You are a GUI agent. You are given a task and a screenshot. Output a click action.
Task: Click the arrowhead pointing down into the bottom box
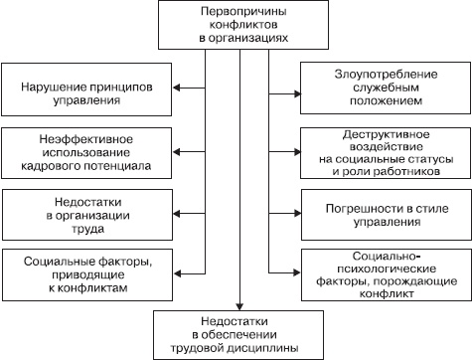pyautogui.click(x=238, y=305)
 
